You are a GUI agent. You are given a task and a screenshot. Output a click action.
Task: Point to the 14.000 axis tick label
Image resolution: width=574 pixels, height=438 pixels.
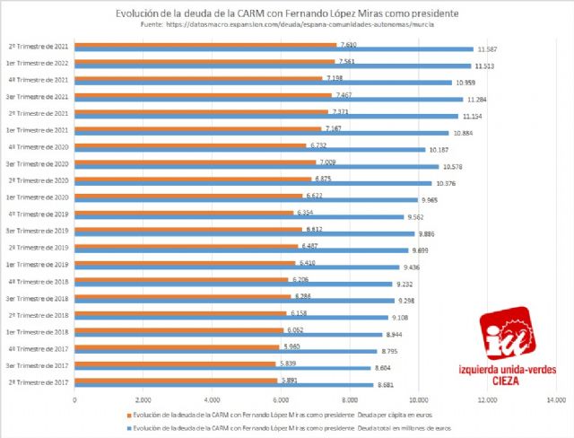(x=553, y=399)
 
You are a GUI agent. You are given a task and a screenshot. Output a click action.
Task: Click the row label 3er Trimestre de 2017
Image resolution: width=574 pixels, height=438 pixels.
(x=37, y=365)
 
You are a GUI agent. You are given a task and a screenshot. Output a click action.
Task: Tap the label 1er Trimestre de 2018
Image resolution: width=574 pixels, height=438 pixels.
(x=37, y=331)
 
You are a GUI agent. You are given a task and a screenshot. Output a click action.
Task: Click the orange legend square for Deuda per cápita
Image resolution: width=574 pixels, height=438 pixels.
(x=127, y=416)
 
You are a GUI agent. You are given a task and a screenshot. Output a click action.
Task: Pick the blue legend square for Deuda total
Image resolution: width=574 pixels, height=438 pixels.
(x=127, y=429)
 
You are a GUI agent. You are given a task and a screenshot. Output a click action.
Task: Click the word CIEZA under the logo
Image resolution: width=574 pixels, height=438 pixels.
(x=507, y=380)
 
